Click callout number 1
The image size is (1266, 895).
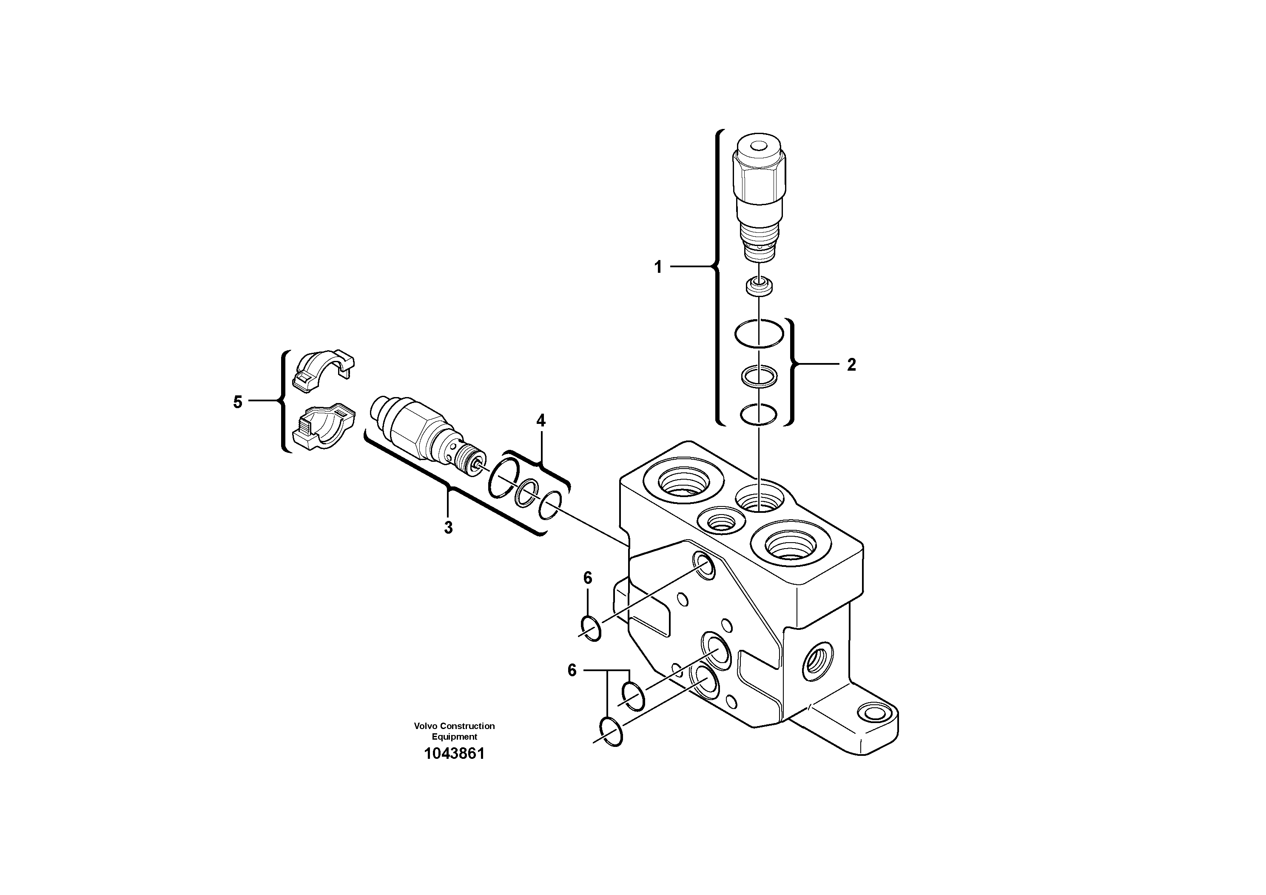658,268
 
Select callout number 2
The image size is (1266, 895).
851,365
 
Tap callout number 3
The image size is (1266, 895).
448,528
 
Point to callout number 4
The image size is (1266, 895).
541,421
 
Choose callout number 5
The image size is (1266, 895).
238,402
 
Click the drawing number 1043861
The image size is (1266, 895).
454,754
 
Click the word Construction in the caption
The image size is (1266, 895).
468,726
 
